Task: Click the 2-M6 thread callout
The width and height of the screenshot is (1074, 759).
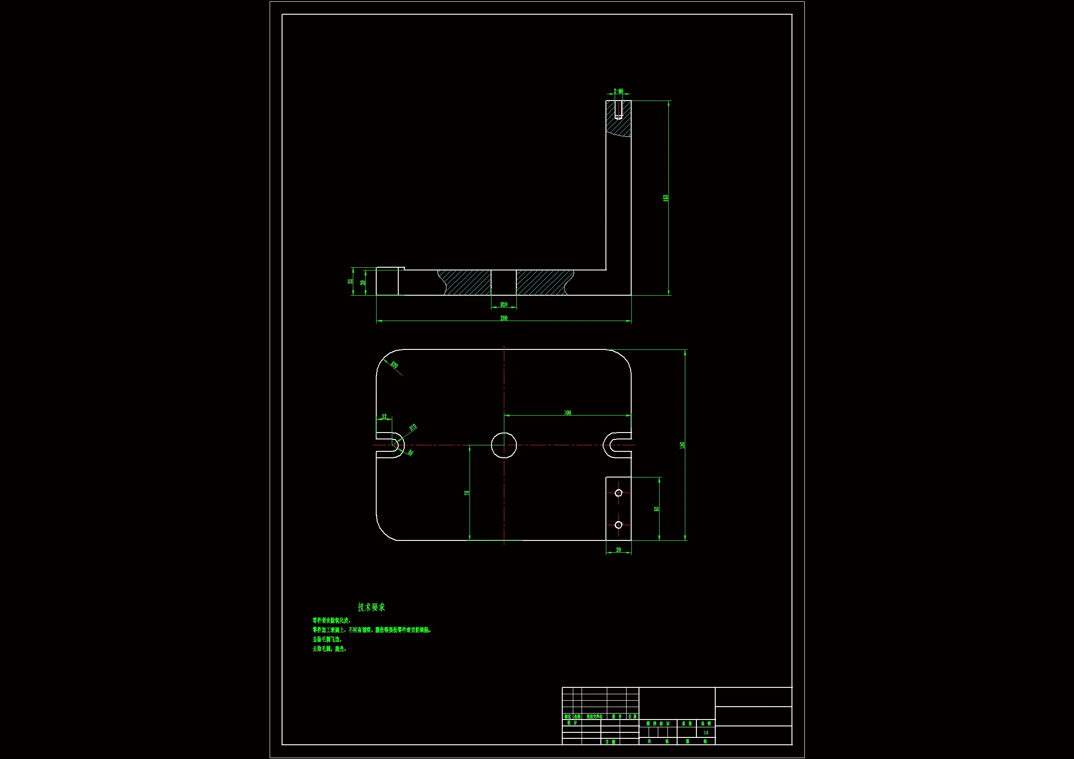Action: (618, 91)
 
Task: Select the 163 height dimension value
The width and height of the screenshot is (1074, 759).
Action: (666, 198)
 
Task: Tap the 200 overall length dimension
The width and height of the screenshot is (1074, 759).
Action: (504, 318)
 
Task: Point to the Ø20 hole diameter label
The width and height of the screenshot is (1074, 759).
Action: (504, 304)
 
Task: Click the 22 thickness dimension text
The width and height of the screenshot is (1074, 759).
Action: (350, 281)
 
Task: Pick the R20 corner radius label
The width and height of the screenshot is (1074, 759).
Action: (394, 365)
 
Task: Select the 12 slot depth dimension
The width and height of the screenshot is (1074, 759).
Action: (384, 416)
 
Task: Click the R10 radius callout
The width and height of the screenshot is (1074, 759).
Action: (413, 427)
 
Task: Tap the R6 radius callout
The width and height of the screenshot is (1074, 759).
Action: (410, 452)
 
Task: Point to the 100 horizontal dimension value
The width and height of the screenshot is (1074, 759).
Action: (567, 412)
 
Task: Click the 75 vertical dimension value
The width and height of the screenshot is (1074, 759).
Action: (467, 493)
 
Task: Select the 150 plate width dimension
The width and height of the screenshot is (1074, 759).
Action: (682, 445)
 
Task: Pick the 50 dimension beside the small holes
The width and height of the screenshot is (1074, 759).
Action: (657, 509)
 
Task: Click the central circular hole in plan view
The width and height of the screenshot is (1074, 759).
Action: (504, 445)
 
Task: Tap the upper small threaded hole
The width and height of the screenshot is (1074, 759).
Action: (618, 493)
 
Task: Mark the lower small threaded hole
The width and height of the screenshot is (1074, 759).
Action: (618, 525)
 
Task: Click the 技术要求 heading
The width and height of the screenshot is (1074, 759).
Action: (372, 607)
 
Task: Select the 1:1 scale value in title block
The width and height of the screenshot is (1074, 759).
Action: (706, 733)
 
